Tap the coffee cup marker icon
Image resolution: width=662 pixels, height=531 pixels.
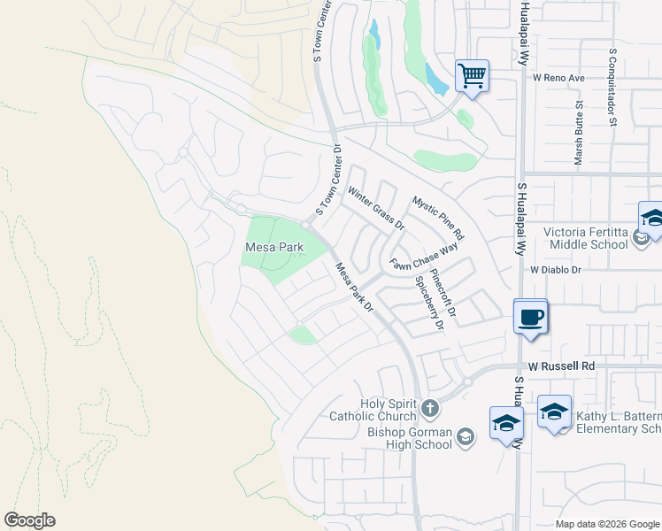[x=530, y=317]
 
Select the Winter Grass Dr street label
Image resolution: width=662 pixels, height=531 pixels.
[x=375, y=209]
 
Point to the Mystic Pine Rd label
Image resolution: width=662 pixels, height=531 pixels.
[x=438, y=219]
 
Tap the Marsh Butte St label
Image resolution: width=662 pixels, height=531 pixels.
[x=579, y=134]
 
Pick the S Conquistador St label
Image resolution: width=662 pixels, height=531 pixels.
[x=612, y=87]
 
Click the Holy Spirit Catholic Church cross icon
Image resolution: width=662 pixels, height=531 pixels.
[x=429, y=408]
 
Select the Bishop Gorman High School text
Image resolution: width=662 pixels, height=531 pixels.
[x=409, y=432]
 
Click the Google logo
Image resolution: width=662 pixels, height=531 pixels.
[x=29, y=520]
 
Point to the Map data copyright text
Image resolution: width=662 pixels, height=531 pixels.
[x=606, y=524]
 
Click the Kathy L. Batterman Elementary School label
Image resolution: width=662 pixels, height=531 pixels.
[x=618, y=422]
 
